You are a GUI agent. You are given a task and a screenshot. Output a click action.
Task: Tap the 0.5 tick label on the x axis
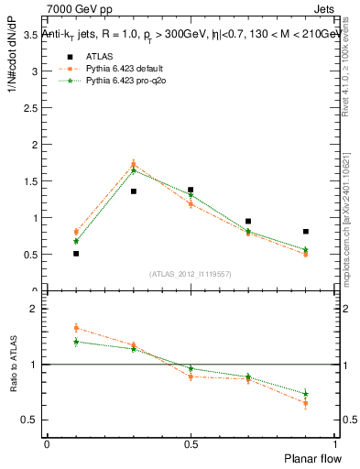click(191, 444)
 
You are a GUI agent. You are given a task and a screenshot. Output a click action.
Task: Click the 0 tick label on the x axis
click(47, 444)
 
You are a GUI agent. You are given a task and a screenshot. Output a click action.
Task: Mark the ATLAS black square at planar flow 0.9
click(305, 232)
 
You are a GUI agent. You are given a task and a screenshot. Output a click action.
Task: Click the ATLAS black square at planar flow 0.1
click(76, 254)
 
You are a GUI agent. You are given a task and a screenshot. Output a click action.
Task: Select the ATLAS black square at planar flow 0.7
click(248, 222)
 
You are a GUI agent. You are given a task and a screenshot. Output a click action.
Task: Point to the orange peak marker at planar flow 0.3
click(134, 165)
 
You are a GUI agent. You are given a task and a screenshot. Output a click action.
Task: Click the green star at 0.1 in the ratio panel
click(76, 342)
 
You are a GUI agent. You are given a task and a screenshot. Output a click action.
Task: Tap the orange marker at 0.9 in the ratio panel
click(305, 403)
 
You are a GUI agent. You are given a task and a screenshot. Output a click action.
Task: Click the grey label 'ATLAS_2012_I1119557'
click(191, 273)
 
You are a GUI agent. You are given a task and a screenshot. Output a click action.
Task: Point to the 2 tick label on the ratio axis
click(33, 310)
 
